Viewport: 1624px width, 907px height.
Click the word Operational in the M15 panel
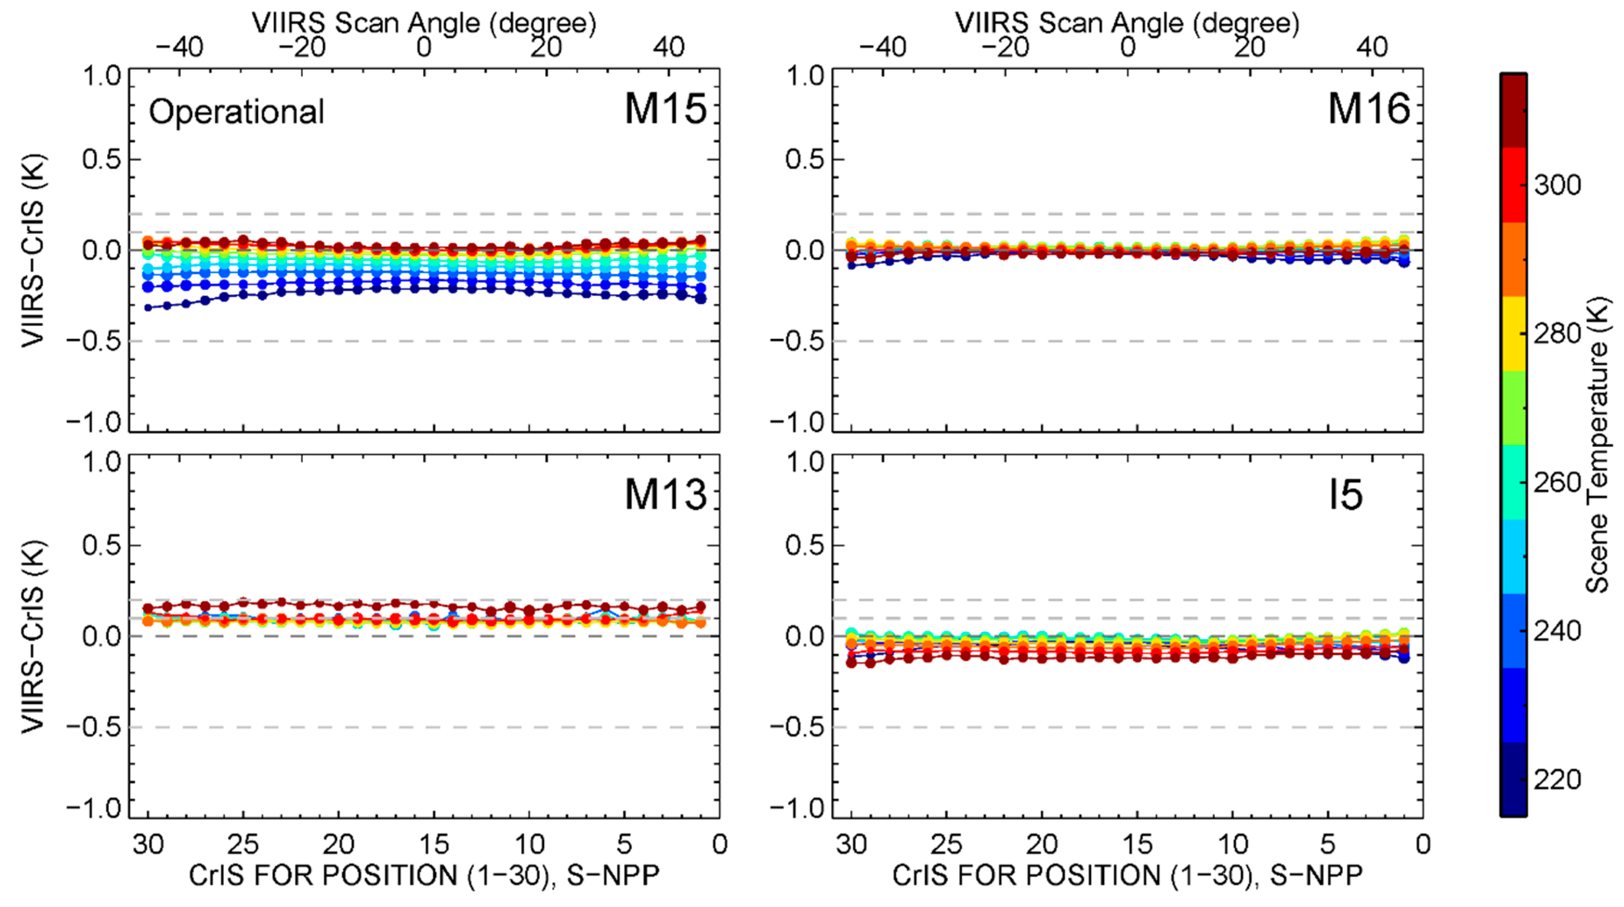click(x=237, y=112)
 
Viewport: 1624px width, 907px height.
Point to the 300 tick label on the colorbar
click(x=1557, y=186)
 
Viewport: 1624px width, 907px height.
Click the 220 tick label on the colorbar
click(x=1557, y=780)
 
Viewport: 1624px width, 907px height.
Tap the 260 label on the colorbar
click(x=1557, y=483)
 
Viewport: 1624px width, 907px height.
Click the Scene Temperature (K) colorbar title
click(x=1597, y=444)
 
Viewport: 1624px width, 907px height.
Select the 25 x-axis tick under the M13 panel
click(x=244, y=845)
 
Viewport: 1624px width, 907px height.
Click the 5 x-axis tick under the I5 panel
click(x=1328, y=845)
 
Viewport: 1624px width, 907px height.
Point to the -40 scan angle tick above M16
click(x=882, y=47)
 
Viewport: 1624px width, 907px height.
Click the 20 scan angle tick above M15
click(x=546, y=47)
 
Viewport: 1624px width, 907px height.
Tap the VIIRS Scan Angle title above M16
click(x=1127, y=23)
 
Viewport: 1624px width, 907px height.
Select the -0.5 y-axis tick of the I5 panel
click(x=797, y=727)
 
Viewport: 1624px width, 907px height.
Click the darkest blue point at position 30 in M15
click(x=148, y=307)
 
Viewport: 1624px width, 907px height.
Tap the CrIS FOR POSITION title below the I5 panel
click(x=1127, y=875)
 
